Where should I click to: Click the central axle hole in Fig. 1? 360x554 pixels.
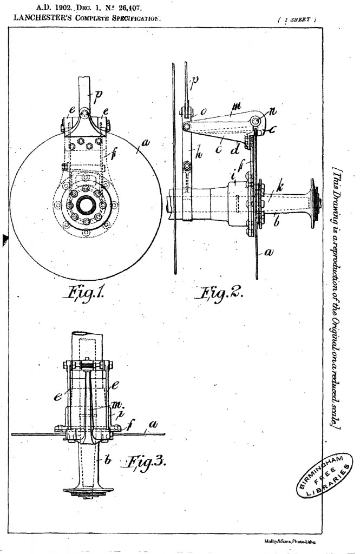tap(85, 205)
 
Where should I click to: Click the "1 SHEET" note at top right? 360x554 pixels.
tap(297, 19)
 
